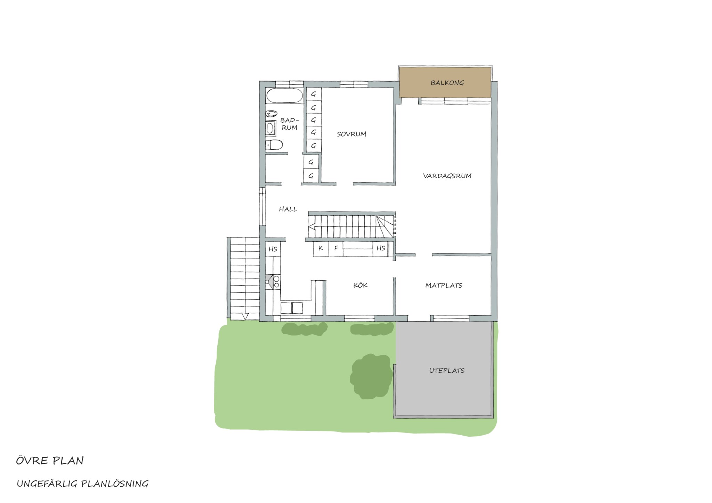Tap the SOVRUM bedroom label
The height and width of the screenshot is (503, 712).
(351, 134)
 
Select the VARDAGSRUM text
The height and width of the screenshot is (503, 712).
(447, 176)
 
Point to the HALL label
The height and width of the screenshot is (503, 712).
(288, 209)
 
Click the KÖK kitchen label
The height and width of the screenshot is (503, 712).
(360, 285)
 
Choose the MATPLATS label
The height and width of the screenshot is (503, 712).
(444, 286)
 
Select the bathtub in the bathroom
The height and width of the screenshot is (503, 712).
(284, 96)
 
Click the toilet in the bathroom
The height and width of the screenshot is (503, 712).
(274, 145)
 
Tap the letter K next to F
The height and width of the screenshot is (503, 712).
(321, 248)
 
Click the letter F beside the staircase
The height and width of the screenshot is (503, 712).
(336, 248)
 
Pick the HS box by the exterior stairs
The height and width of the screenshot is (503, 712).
(273, 249)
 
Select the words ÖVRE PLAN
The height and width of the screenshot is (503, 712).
(50, 461)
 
